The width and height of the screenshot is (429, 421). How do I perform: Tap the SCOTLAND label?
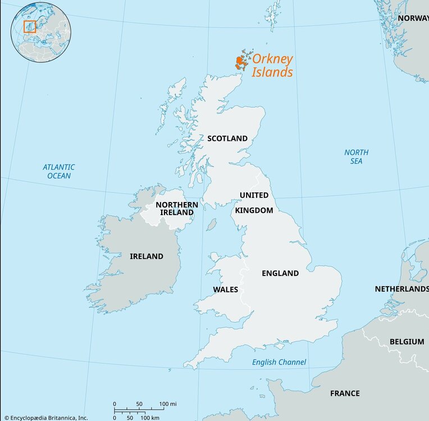(x=227, y=138)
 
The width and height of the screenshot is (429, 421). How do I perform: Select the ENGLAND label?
(x=280, y=273)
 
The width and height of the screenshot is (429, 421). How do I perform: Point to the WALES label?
(x=225, y=290)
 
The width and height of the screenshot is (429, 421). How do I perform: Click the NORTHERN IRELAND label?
(x=176, y=208)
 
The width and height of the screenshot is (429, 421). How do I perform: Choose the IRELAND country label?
(x=146, y=257)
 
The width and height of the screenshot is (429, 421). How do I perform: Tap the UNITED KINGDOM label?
(x=254, y=203)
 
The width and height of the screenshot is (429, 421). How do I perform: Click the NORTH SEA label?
(x=357, y=157)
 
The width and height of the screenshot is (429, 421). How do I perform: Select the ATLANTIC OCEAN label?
(x=59, y=171)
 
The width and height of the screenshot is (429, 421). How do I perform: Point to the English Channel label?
(x=279, y=362)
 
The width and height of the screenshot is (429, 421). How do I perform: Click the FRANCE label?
(x=345, y=393)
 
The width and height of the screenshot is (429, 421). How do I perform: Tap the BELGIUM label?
(x=407, y=341)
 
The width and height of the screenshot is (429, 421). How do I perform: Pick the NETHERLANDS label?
(x=401, y=289)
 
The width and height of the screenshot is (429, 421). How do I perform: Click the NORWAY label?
(x=413, y=18)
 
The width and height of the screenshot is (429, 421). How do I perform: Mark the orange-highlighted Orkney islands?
(x=240, y=61)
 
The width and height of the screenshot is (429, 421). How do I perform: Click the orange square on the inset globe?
(x=29, y=26)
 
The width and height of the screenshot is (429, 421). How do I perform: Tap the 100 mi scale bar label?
(x=168, y=404)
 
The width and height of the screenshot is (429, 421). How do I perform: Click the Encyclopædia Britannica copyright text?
(x=45, y=417)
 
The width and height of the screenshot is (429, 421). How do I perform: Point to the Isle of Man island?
(x=212, y=225)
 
